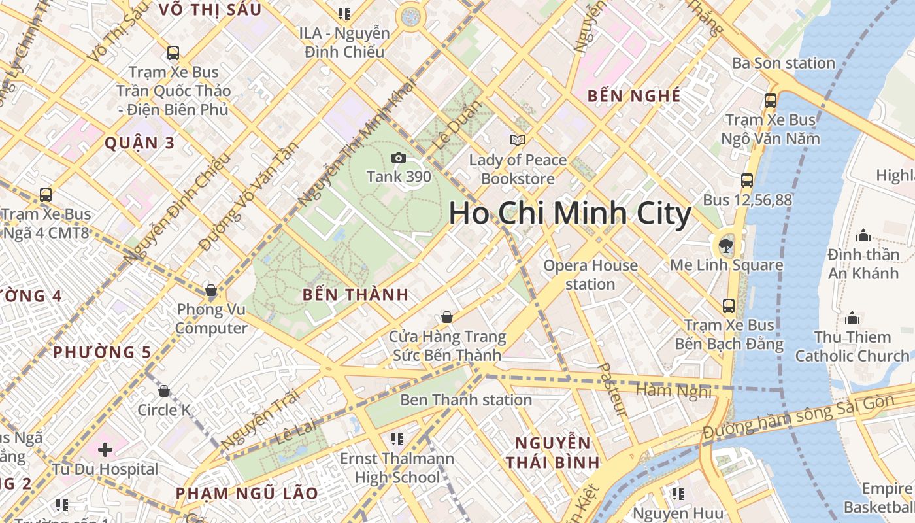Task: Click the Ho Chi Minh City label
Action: click(x=570, y=214)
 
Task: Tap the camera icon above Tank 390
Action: click(x=398, y=158)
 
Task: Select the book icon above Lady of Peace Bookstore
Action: click(x=518, y=140)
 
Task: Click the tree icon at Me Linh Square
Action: click(x=725, y=246)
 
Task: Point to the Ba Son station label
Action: click(x=784, y=63)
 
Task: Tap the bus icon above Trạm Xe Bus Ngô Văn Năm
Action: click(x=771, y=101)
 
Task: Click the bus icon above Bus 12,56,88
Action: click(x=747, y=180)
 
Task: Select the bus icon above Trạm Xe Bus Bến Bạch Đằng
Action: click(x=729, y=305)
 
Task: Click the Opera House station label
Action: click(x=590, y=275)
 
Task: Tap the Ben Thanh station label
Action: click(x=466, y=399)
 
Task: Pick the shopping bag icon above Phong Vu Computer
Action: click(x=210, y=290)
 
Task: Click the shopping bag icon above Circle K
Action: click(x=164, y=391)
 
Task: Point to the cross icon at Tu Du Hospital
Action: click(x=105, y=450)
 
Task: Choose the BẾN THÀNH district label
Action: click(x=356, y=295)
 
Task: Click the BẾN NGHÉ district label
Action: click(x=634, y=96)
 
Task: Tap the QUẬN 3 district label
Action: click(x=140, y=143)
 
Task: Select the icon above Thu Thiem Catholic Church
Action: click(x=852, y=318)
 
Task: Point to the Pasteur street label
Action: click(x=612, y=390)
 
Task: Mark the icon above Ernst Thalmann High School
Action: click(x=397, y=439)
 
